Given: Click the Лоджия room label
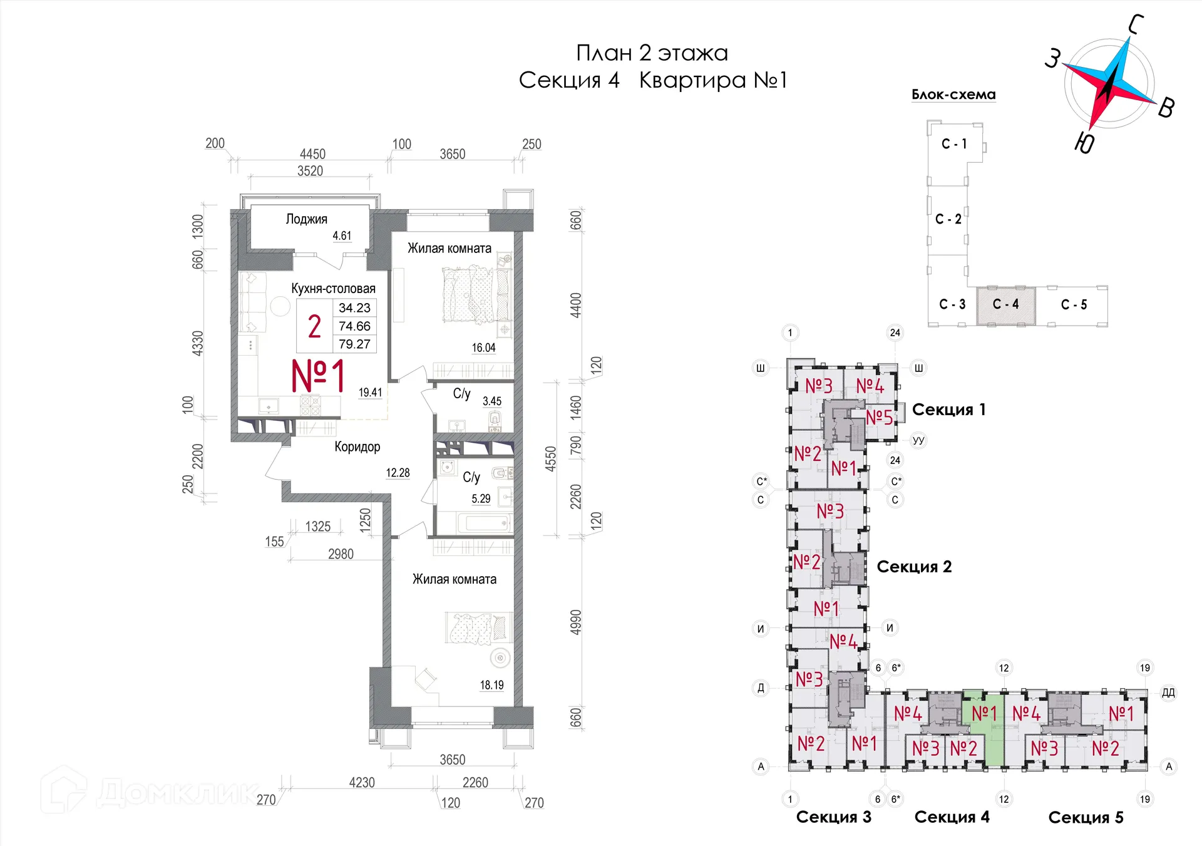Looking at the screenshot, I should click(306, 219).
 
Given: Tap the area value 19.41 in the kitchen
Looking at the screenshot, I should click(370, 393).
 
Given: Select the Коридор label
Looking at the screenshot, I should click(357, 446).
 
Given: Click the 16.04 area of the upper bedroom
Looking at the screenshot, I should click(483, 348).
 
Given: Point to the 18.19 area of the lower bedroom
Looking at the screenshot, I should click(491, 685).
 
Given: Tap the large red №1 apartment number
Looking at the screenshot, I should click(318, 376).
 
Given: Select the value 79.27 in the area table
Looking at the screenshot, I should click(354, 344).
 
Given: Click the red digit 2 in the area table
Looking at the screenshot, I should click(314, 326).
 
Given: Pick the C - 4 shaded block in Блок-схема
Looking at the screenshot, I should click(1005, 304).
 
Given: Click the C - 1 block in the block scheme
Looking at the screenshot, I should click(954, 144).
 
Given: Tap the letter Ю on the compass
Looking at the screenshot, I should click(1084, 143).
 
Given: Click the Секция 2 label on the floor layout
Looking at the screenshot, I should click(914, 567).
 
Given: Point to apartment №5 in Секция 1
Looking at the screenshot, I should click(879, 416).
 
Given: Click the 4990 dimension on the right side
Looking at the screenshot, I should click(575, 622).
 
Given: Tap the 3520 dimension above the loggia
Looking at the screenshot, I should click(310, 171).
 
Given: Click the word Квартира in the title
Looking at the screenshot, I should click(692, 80).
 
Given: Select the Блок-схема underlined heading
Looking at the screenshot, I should click(953, 95).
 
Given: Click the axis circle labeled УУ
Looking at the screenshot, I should click(918, 440).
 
